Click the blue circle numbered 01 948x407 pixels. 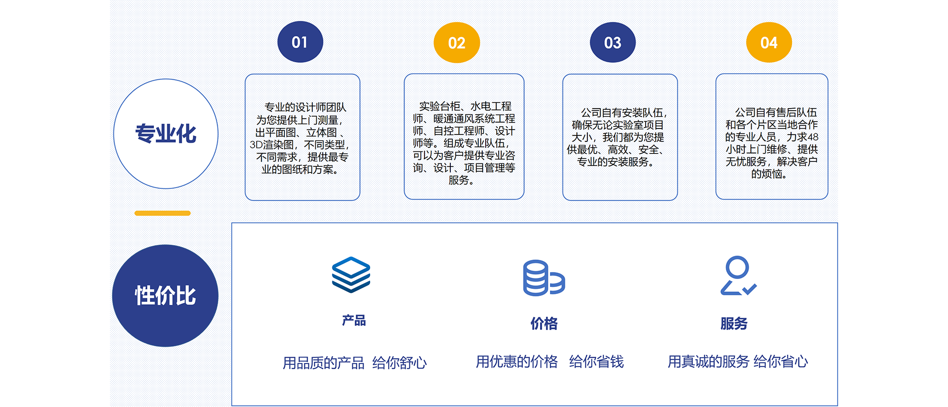tap(300, 42)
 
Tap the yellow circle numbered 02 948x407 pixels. tap(457, 43)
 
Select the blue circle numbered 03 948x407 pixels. tap(613, 42)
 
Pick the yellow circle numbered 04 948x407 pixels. tap(769, 42)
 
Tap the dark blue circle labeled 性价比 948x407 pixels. tap(165, 296)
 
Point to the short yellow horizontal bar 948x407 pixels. tap(162, 213)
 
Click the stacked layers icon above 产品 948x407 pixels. tap(351, 274)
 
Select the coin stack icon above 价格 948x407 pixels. tap(544, 278)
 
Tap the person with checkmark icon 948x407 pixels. tap(738, 275)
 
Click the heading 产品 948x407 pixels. tap(354, 320)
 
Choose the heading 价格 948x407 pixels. tap(544, 324)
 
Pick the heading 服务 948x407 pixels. tap(734, 324)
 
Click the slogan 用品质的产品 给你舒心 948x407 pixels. tap(355, 363)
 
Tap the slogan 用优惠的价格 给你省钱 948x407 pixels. tap(549, 362)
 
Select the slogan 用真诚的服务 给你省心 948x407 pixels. tap(738, 362)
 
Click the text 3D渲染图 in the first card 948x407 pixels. tap(272, 145)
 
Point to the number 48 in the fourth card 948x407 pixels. tap(813, 137)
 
